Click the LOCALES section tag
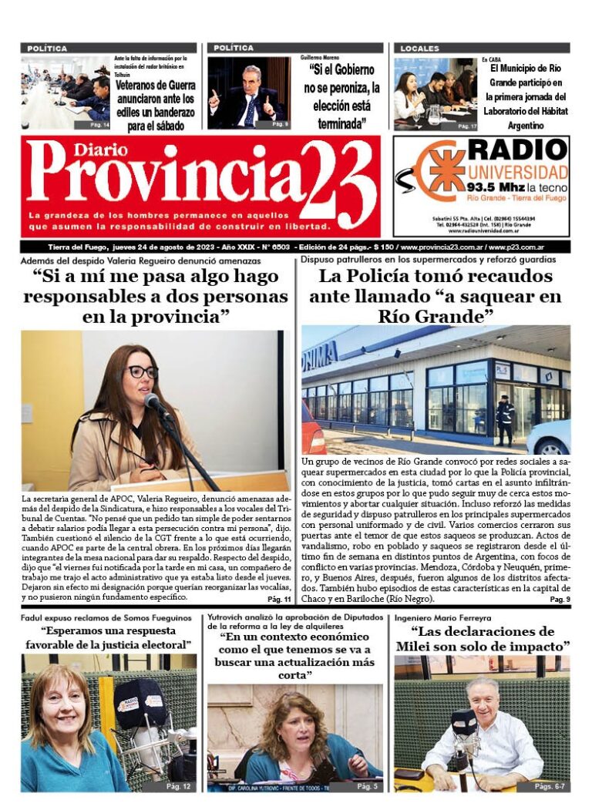420,49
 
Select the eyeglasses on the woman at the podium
142,371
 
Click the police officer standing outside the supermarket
505,421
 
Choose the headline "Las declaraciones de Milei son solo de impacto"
482,638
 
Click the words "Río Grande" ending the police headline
436,316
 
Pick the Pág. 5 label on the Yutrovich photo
367,786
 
